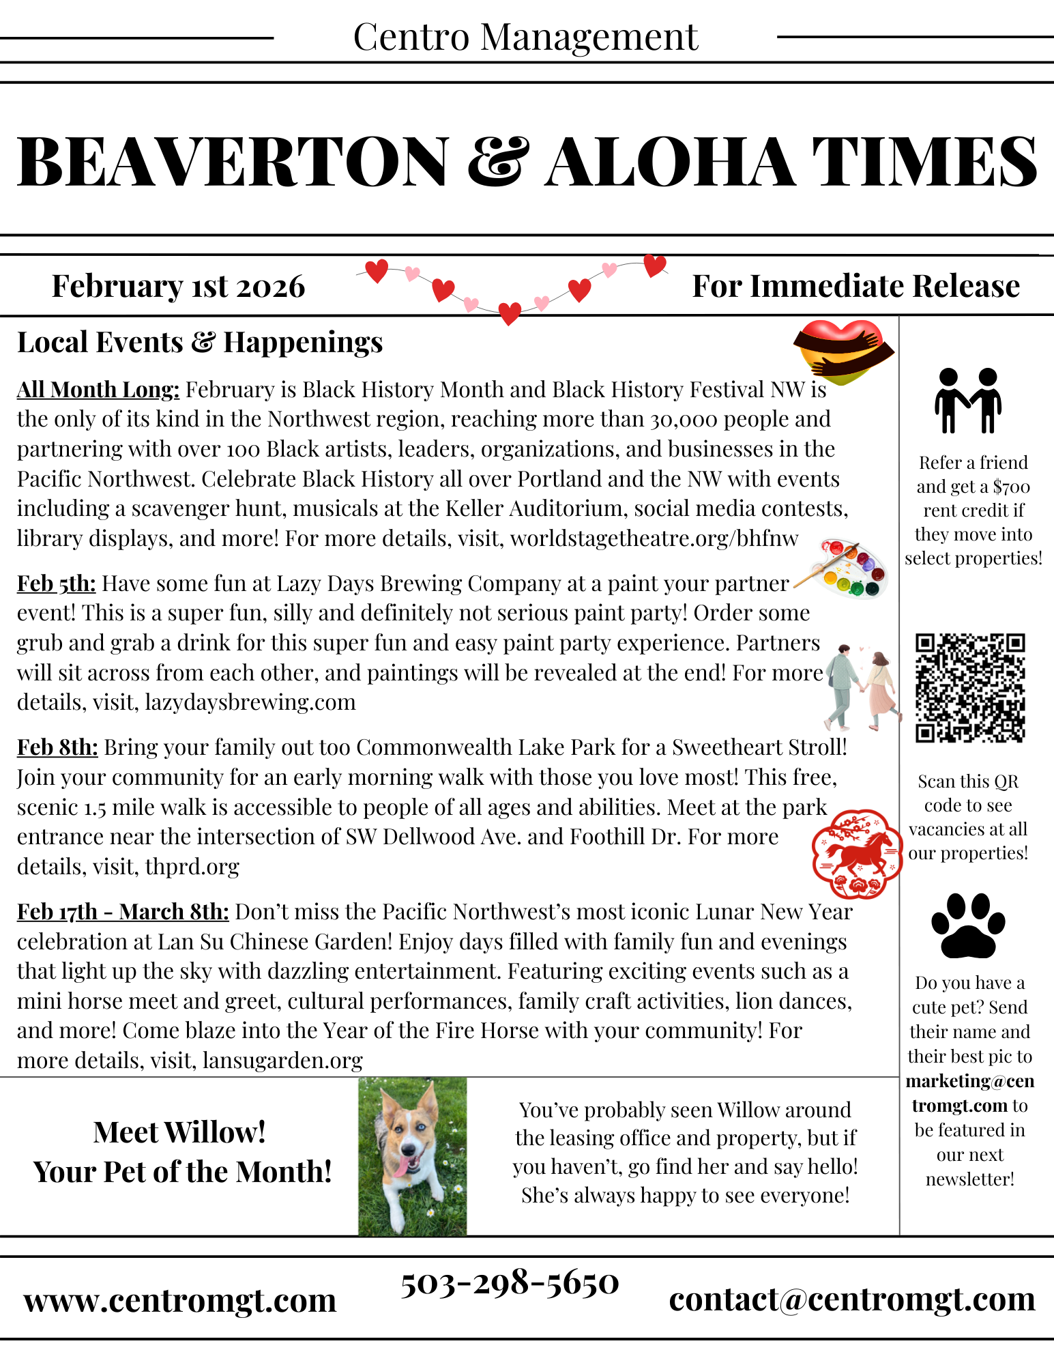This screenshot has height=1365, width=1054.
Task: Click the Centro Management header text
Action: (526, 37)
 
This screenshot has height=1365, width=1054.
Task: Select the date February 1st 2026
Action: (178, 286)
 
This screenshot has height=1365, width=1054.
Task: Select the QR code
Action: (969, 688)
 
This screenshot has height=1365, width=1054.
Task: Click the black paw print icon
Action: (968, 925)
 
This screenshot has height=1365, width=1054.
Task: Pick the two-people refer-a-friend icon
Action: (968, 401)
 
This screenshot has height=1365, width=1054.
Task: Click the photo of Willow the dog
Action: (413, 1156)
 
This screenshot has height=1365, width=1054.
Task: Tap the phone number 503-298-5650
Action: (510, 1283)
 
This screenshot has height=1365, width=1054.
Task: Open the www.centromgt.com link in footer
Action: (180, 1300)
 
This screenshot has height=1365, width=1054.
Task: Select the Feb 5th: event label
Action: (57, 584)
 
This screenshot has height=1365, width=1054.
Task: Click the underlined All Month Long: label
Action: (98, 390)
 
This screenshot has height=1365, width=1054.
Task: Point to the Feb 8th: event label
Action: (58, 747)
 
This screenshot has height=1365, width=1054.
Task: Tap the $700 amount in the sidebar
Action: (1011, 487)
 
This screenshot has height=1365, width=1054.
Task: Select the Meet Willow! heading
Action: (179, 1132)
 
